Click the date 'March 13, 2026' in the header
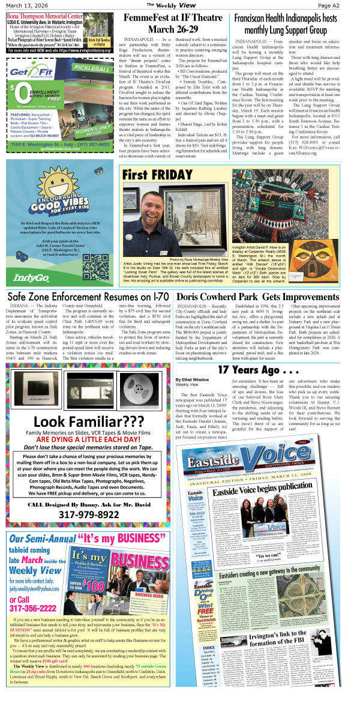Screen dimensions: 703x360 pos(23,5)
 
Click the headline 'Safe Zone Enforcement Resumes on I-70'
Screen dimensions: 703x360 pos(88,297)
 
